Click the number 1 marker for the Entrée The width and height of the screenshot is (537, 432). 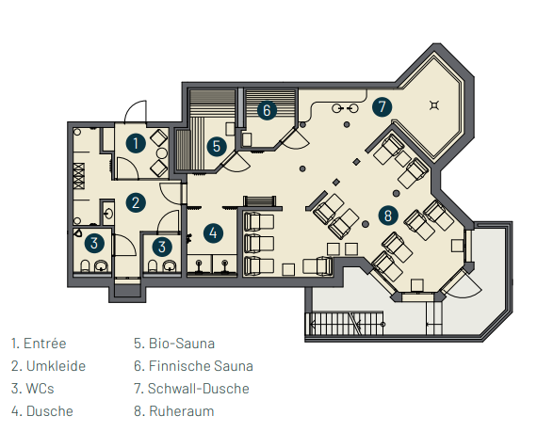coord(136,143)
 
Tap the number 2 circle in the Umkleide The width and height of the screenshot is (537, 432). coord(136,202)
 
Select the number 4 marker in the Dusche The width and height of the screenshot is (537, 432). coord(213,232)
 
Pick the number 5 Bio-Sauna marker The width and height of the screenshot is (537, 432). coord(217,147)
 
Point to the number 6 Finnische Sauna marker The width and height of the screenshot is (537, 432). coord(267,110)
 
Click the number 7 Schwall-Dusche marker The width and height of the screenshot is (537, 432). coord(382,106)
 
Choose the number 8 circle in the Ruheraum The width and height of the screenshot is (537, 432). coord(388,216)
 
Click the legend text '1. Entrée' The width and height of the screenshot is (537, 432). coord(39,344)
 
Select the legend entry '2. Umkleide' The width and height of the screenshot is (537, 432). coord(48,365)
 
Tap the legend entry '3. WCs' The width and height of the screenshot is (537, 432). coord(33,388)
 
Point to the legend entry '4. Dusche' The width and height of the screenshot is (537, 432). coord(42,410)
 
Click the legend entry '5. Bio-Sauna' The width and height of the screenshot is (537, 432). coord(174,344)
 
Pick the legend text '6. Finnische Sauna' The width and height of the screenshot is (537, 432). coord(193,365)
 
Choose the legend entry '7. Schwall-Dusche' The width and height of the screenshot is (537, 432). coord(191,388)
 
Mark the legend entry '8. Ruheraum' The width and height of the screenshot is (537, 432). coord(174,410)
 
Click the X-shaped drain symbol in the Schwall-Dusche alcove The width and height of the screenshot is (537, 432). coord(434,105)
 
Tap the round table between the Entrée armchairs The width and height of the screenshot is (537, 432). coord(162,153)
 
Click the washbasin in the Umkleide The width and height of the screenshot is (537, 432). coord(108,214)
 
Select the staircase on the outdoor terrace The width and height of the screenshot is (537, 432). coord(345,323)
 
